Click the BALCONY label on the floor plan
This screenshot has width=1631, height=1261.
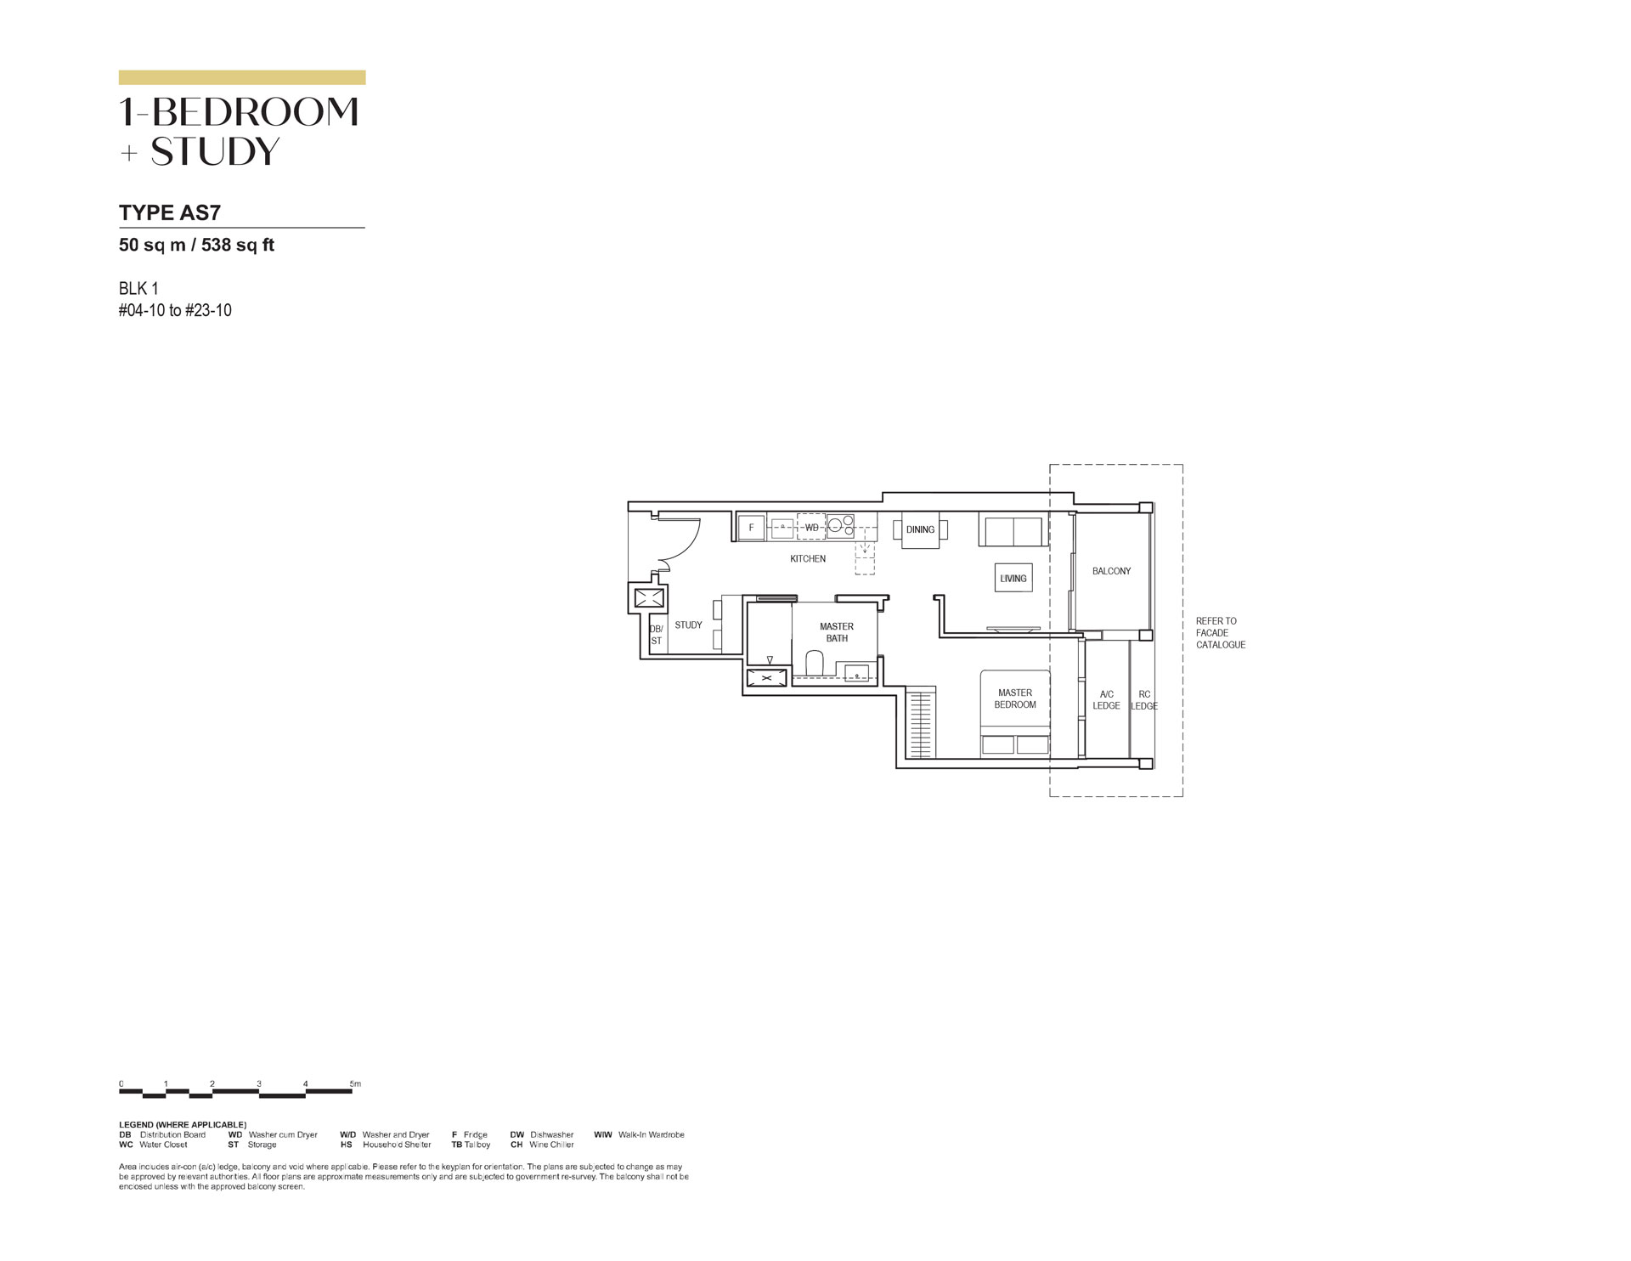click(x=1111, y=571)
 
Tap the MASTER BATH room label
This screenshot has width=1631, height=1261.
click(x=837, y=632)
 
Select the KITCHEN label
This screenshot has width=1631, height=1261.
click(x=808, y=559)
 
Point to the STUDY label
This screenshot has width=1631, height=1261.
click(x=688, y=625)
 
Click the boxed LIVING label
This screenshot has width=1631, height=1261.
click(x=1013, y=579)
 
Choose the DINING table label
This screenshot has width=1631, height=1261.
click(x=920, y=529)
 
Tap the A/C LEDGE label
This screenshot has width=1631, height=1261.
click(x=1106, y=700)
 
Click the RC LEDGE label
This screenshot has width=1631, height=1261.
click(x=1144, y=700)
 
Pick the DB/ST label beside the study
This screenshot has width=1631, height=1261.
click(x=656, y=635)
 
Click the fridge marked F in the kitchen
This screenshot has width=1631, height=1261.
click(x=751, y=528)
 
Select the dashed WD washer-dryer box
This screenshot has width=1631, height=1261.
click(x=811, y=527)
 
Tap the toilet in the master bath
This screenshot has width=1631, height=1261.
click(x=814, y=664)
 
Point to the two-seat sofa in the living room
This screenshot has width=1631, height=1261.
click(x=1013, y=531)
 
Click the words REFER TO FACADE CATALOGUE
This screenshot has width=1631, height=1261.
click(x=1220, y=633)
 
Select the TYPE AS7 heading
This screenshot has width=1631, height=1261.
click(x=170, y=212)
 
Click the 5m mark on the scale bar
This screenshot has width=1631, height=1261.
click(x=355, y=1084)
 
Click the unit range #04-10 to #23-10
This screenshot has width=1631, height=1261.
click(x=175, y=310)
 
